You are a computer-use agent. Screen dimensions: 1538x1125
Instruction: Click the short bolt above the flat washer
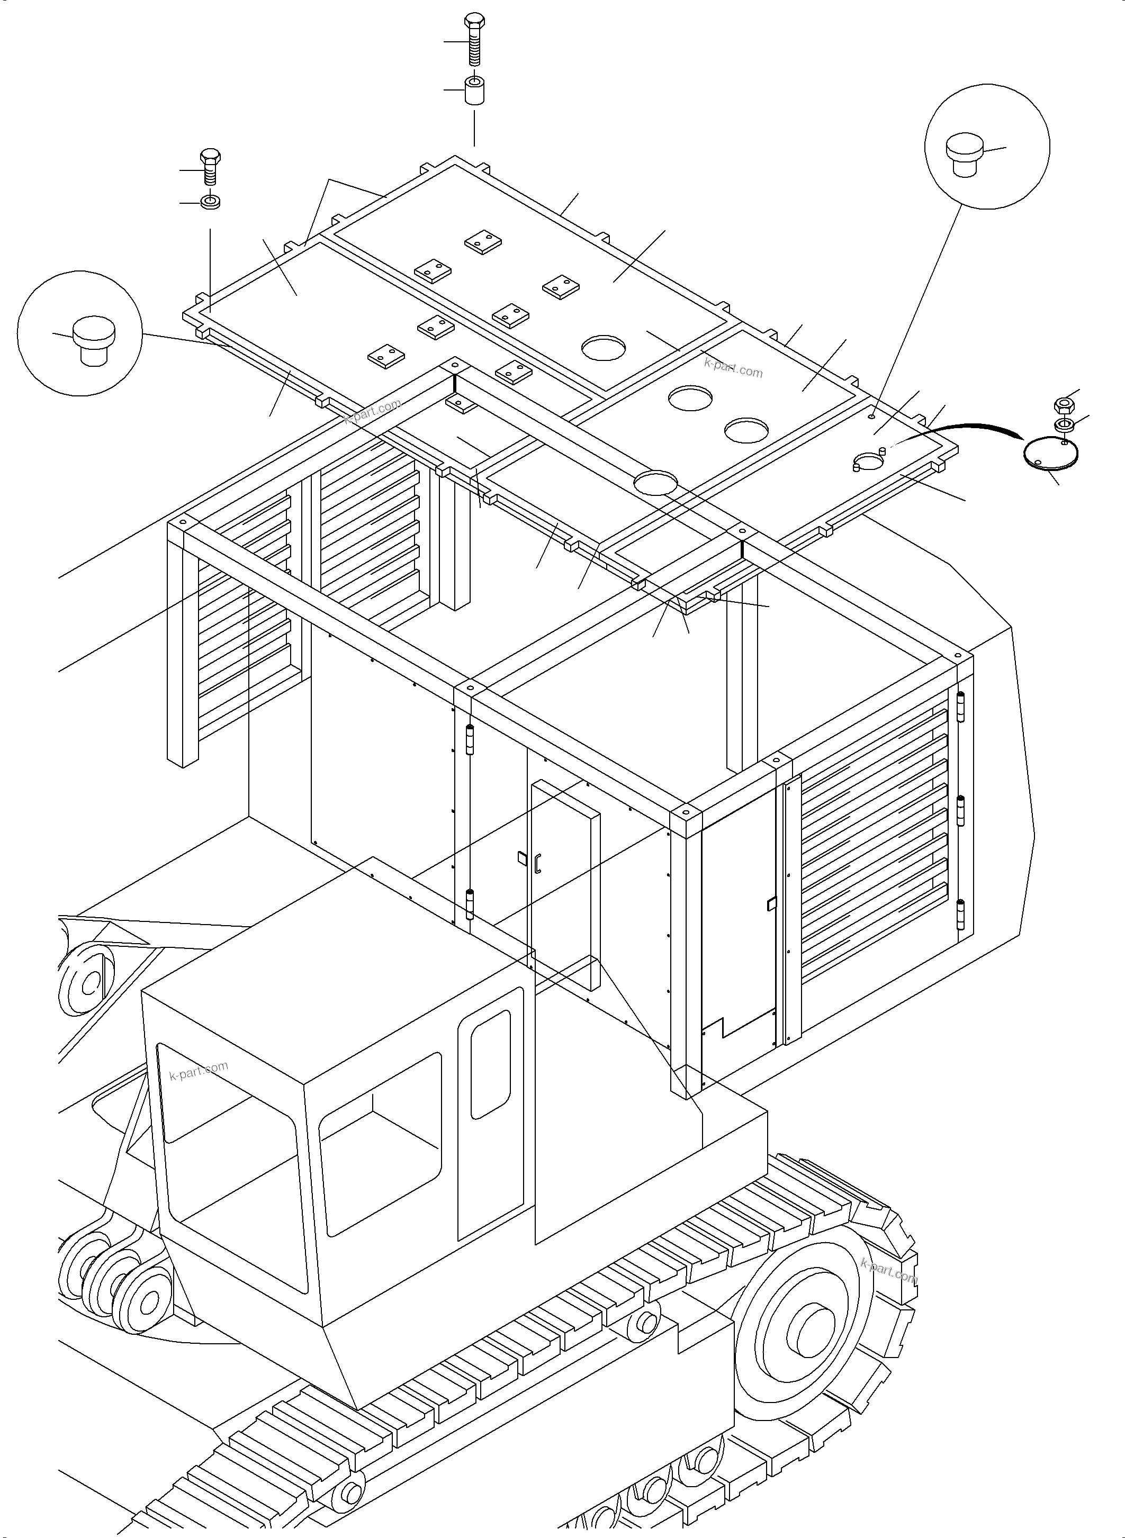click(210, 167)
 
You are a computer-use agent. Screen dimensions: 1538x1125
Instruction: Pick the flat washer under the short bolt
click(210, 202)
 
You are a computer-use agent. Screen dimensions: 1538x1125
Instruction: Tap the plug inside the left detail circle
click(93, 338)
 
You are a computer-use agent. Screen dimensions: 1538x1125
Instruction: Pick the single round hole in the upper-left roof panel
click(604, 347)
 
